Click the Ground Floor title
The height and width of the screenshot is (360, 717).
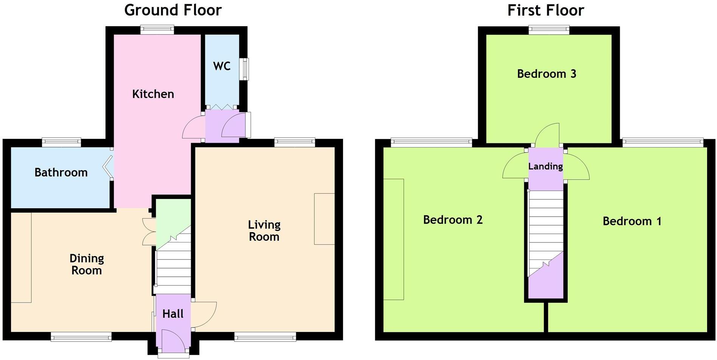[x=173, y=10]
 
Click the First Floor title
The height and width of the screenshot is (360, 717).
[x=545, y=10]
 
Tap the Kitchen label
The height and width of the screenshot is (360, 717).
[x=153, y=94]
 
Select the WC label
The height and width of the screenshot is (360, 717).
[x=222, y=66]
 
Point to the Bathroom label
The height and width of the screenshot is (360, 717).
[x=61, y=172]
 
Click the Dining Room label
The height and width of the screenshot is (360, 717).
[x=87, y=264]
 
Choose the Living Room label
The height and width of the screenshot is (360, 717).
[x=264, y=231]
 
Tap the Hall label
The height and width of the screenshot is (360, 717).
[x=173, y=313]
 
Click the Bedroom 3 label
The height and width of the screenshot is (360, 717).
[x=546, y=74]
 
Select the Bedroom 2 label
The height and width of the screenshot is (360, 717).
[x=453, y=220]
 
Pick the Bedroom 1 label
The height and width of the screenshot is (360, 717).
[x=632, y=221]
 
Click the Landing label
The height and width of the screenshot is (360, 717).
[x=545, y=166]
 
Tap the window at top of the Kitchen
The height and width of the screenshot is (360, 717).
[x=157, y=29]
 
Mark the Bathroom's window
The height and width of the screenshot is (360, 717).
[x=61, y=143]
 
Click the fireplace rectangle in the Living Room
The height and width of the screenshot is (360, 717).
[x=324, y=219]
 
